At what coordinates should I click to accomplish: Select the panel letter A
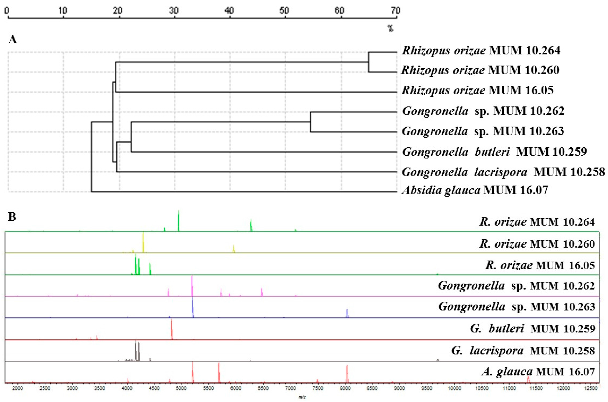tap(13, 40)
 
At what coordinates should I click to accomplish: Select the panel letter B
tap(12, 217)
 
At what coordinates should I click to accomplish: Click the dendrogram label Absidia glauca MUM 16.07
tap(475, 190)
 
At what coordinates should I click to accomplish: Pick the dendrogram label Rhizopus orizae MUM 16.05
tap(477, 90)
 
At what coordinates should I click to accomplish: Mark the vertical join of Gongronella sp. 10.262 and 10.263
tap(310, 122)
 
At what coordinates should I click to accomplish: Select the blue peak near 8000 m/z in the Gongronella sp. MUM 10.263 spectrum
tap(347, 313)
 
